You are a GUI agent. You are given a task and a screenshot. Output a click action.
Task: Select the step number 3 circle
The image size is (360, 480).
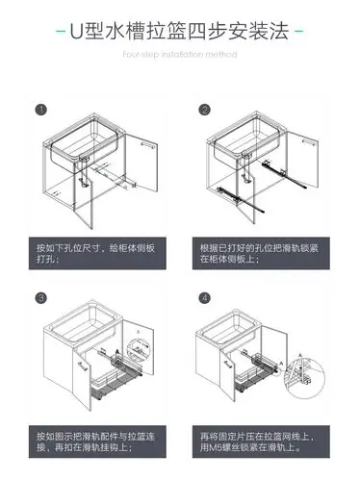[x=39, y=299]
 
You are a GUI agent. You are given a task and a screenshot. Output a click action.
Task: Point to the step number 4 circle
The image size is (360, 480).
[x=204, y=299]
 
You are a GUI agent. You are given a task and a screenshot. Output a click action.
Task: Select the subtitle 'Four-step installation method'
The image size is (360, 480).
[x=180, y=55]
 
